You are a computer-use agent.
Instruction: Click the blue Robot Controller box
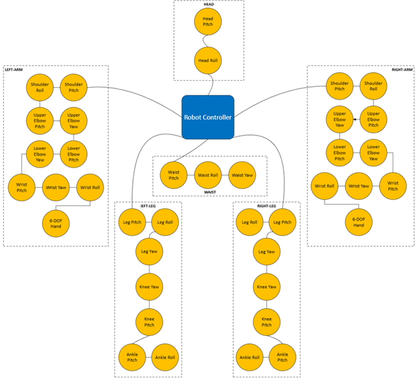pyautogui.click(x=208, y=118)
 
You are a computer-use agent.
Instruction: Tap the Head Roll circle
pyautogui.click(x=208, y=61)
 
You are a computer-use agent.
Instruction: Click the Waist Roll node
pyautogui.click(x=208, y=175)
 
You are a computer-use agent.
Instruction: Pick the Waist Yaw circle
pyautogui.click(x=242, y=175)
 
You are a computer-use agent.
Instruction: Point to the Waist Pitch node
pyautogui.click(x=174, y=175)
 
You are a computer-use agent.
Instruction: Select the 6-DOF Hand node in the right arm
pyautogui.click(x=359, y=222)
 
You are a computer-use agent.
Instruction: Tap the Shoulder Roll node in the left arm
pyautogui.click(x=39, y=87)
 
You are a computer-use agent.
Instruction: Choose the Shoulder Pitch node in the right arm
pyautogui.click(x=339, y=85)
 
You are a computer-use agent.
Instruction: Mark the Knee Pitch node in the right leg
pyautogui.click(x=266, y=323)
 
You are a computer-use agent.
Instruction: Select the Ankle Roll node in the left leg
pyautogui.click(x=166, y=357)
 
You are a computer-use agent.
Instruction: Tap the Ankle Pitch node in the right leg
pyautogui.click(x=282, y=357)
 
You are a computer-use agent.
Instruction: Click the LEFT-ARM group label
pyautogui.click(x=15, y=69)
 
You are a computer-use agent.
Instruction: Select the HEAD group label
pyautogui.click(x=208, y=4)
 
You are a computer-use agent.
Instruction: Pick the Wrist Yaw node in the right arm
pyautogui.click(x=359, y=186)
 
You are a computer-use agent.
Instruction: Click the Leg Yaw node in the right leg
pyautogui.click(x=266, y=252)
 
